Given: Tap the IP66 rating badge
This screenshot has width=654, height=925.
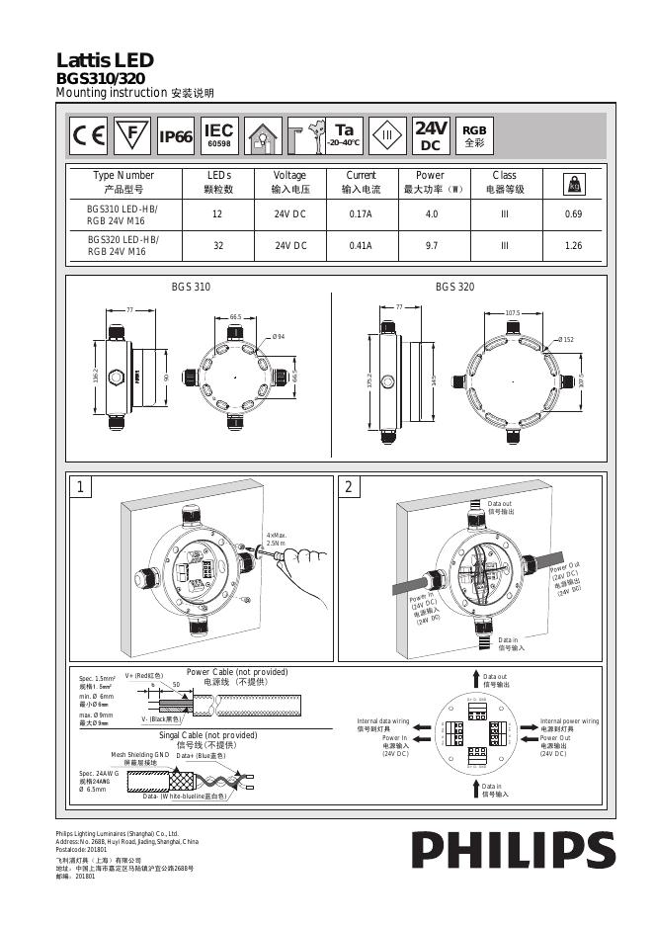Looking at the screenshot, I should [176, 136].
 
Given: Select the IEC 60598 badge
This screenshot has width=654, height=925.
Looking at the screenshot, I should [218, 136].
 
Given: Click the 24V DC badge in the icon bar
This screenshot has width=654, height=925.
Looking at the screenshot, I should [431, 135].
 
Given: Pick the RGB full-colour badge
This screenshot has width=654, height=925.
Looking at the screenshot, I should [474, 135].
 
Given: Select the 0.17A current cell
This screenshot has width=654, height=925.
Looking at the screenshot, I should [361, 214].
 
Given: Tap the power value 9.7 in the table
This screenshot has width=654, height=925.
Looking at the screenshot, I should [431, 246].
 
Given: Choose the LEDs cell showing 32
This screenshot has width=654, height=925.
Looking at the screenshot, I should [218, 246].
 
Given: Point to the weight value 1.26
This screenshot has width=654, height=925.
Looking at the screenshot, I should [573, 246].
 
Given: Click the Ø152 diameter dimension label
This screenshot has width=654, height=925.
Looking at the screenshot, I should [565, 340].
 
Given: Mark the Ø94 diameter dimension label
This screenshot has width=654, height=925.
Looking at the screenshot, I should [279, 338].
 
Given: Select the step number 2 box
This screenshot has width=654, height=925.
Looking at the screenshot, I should [348, 487].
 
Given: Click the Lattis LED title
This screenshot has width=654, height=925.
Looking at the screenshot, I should [98, 61].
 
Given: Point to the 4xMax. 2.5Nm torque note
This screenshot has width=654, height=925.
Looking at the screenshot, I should [276, 540].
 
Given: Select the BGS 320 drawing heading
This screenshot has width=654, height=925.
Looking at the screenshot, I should [454, 287].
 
